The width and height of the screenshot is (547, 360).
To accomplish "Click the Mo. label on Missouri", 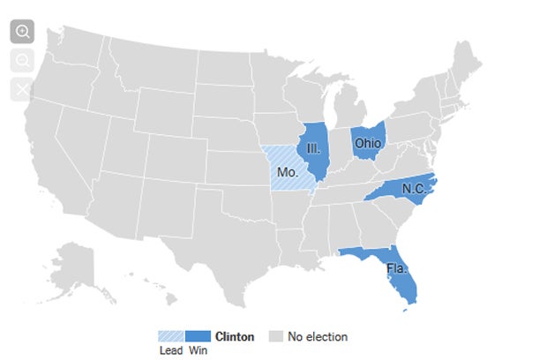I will pos(287,172).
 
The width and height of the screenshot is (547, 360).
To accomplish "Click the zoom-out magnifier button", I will pos(22,60).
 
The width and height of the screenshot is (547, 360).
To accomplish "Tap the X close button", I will pos(22,89).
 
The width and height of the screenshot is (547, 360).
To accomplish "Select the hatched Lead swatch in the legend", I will pos(170,336).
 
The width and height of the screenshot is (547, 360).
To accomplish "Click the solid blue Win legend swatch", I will pos(198,336).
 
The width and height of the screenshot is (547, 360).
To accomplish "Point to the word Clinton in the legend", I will pos(235,336).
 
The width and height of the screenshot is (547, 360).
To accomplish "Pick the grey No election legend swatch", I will pos(276,336).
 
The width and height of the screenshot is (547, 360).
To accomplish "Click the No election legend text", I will pos(318,336).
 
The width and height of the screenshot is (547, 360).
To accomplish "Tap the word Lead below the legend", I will pos(170,350).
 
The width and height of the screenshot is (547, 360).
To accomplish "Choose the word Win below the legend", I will pos(198,350).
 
